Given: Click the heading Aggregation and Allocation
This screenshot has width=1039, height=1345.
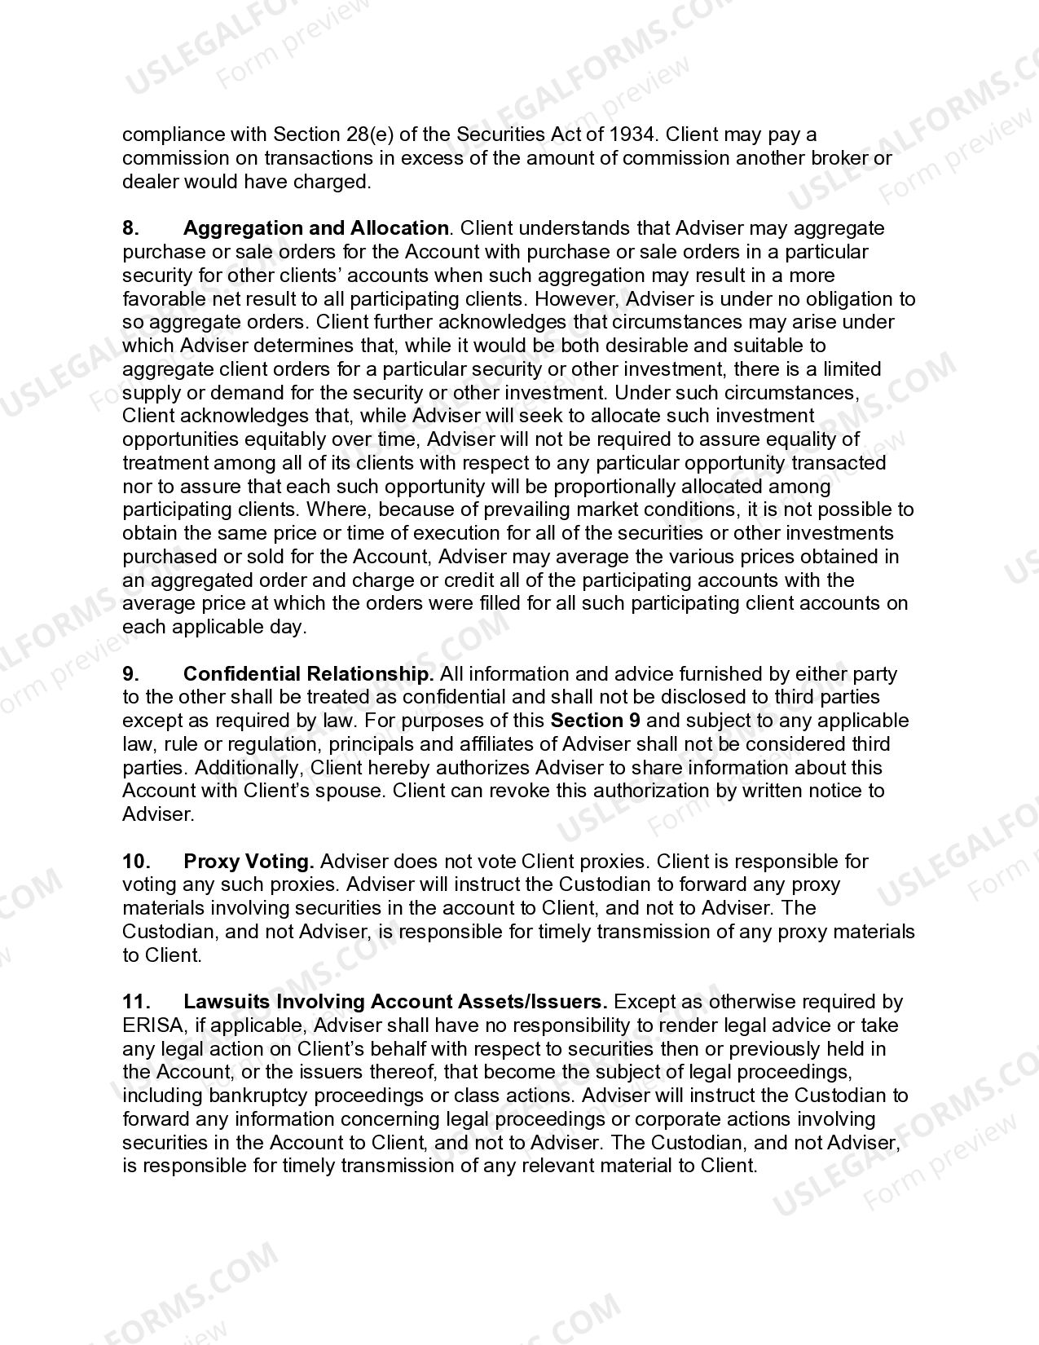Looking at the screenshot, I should pyautogui.click(x=316, y=228).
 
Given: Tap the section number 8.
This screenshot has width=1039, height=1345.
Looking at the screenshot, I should pyautogui.click(x=130, y=228).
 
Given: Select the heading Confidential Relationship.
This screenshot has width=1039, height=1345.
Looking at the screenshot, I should pyautogui.click(x=308, y=674).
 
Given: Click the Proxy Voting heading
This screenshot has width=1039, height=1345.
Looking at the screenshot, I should pyautogui.click(x=249, y=862).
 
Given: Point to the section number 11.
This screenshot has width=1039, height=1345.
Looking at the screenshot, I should pyautogui.click(x=135, y=1002).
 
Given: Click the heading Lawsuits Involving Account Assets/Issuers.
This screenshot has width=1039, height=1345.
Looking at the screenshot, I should pyautogui.click(x=395, y=1002).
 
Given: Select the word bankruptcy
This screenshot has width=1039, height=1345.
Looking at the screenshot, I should pyautogui.click(x=259, y=1096).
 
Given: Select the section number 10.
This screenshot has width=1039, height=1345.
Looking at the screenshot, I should pyautogui.click(x=135, y=862).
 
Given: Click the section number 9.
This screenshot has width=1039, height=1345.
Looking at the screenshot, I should pyautogui.click(x=130, y=674).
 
